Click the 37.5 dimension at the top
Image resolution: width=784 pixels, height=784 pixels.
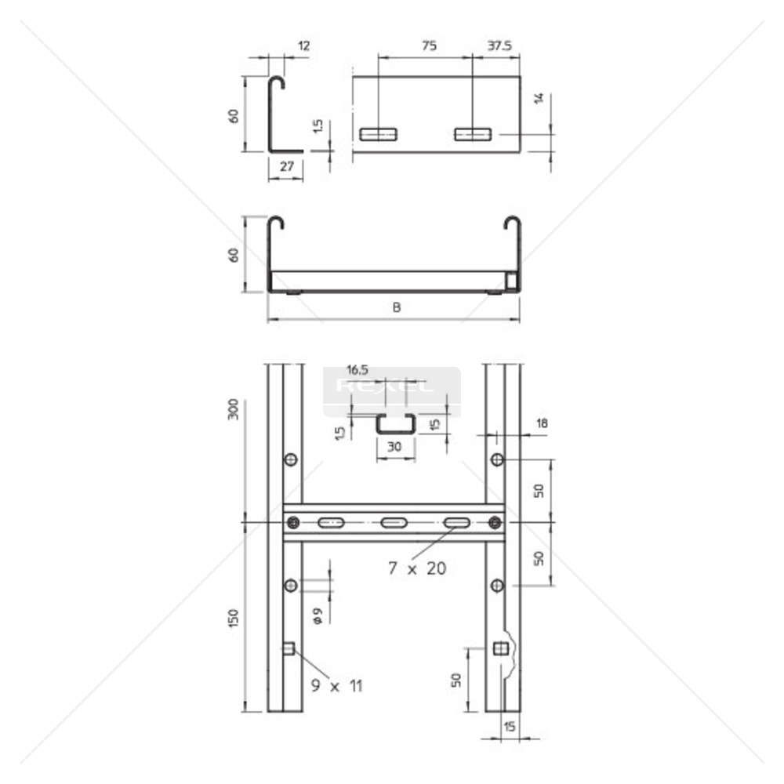(x=499, y=46)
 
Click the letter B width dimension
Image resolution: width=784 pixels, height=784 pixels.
(x=397, y=308)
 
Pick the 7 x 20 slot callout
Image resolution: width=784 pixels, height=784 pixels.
(x=417, y=568)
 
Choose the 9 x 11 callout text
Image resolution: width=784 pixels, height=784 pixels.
(x=336, y=686)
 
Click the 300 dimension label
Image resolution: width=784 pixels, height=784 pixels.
(x=234, y=409)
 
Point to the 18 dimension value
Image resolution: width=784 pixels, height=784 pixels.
(x=542, y=424)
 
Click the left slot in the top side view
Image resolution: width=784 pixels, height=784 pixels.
(x=378, y=134)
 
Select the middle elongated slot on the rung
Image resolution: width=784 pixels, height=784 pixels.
(x=393, y=523)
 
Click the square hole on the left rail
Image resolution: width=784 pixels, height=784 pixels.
(x=289, y=648)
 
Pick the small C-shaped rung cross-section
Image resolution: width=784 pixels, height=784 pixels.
(x=396, y=424)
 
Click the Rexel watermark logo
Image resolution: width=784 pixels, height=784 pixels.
(x=384, y=386)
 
